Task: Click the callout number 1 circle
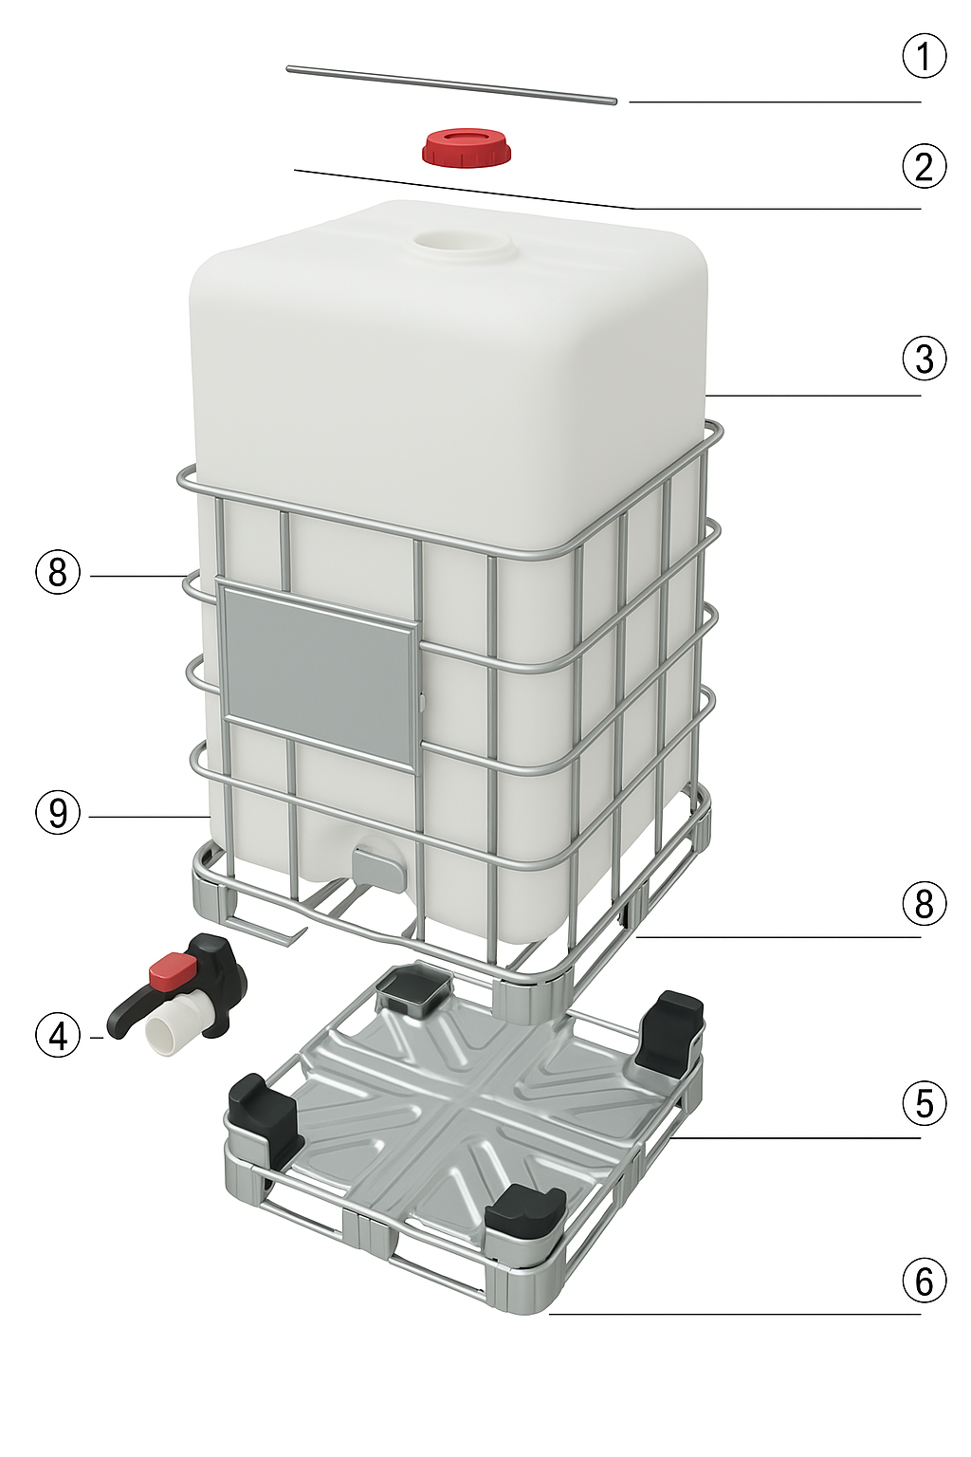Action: pos(924,57)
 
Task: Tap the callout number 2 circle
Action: pos(924,166)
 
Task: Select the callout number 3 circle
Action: pos(924,359)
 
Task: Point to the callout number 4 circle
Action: pos(58,1036)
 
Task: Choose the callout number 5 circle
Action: pos(924,1103)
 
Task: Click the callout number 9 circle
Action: pos(58,813)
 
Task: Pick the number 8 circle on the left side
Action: pos(58,573)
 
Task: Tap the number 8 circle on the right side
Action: pos(924,903)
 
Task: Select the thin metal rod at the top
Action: pos(451,83)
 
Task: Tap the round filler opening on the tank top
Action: pos(464,244)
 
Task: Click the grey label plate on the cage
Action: pos(318,673)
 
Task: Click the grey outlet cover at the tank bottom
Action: pos(377,864)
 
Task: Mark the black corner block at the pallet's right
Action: pos(669,1030)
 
